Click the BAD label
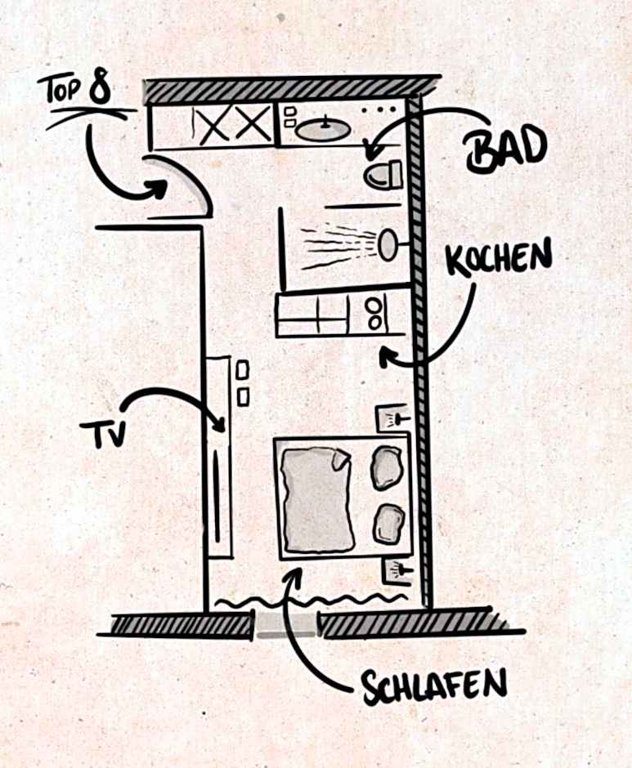[504, 150]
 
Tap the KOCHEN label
[498, 257]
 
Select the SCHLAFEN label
[435, 685]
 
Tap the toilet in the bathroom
[383, 175]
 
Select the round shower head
[388, 244]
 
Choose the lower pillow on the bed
[388, 524]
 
